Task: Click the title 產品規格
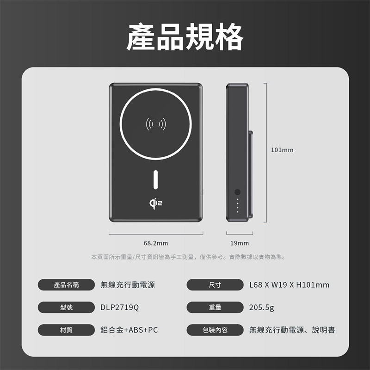[185, 37]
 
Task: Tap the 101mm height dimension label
[282, 150]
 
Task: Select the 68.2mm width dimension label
[156, 243]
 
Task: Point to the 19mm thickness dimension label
[240, 243]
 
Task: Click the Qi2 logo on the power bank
[156, 203]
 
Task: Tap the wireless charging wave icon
[156, 124]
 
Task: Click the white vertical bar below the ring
[156, 179]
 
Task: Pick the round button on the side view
[237, 192]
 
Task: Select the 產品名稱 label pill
[66, 285]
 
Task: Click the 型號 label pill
[66, 307]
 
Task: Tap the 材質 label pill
[66, 330]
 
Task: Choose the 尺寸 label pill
[215, 285]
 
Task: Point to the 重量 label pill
[215, 307]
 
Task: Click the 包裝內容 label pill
[215, 330]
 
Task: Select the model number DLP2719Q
[120, 308]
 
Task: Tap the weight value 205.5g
[262, 308]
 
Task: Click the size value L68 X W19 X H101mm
[290, 285]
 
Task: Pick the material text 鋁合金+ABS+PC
[129, 330]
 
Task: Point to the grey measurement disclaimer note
[188, 257]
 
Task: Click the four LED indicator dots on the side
[237, 205]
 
